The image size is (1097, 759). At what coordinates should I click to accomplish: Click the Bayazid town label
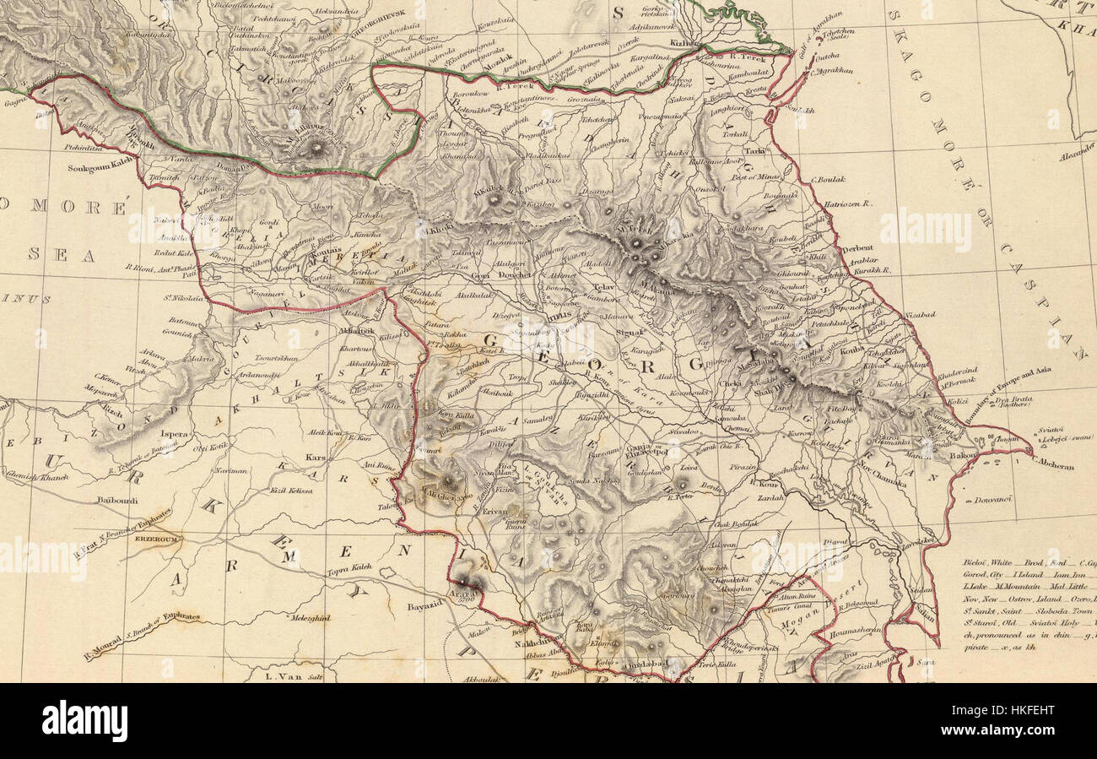pos(424,605)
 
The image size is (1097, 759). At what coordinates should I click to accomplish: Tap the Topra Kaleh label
pos(349,568)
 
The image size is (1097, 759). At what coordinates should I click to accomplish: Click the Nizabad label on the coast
pos(921,314)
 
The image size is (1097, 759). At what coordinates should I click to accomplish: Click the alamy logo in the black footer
pos(84,721)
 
